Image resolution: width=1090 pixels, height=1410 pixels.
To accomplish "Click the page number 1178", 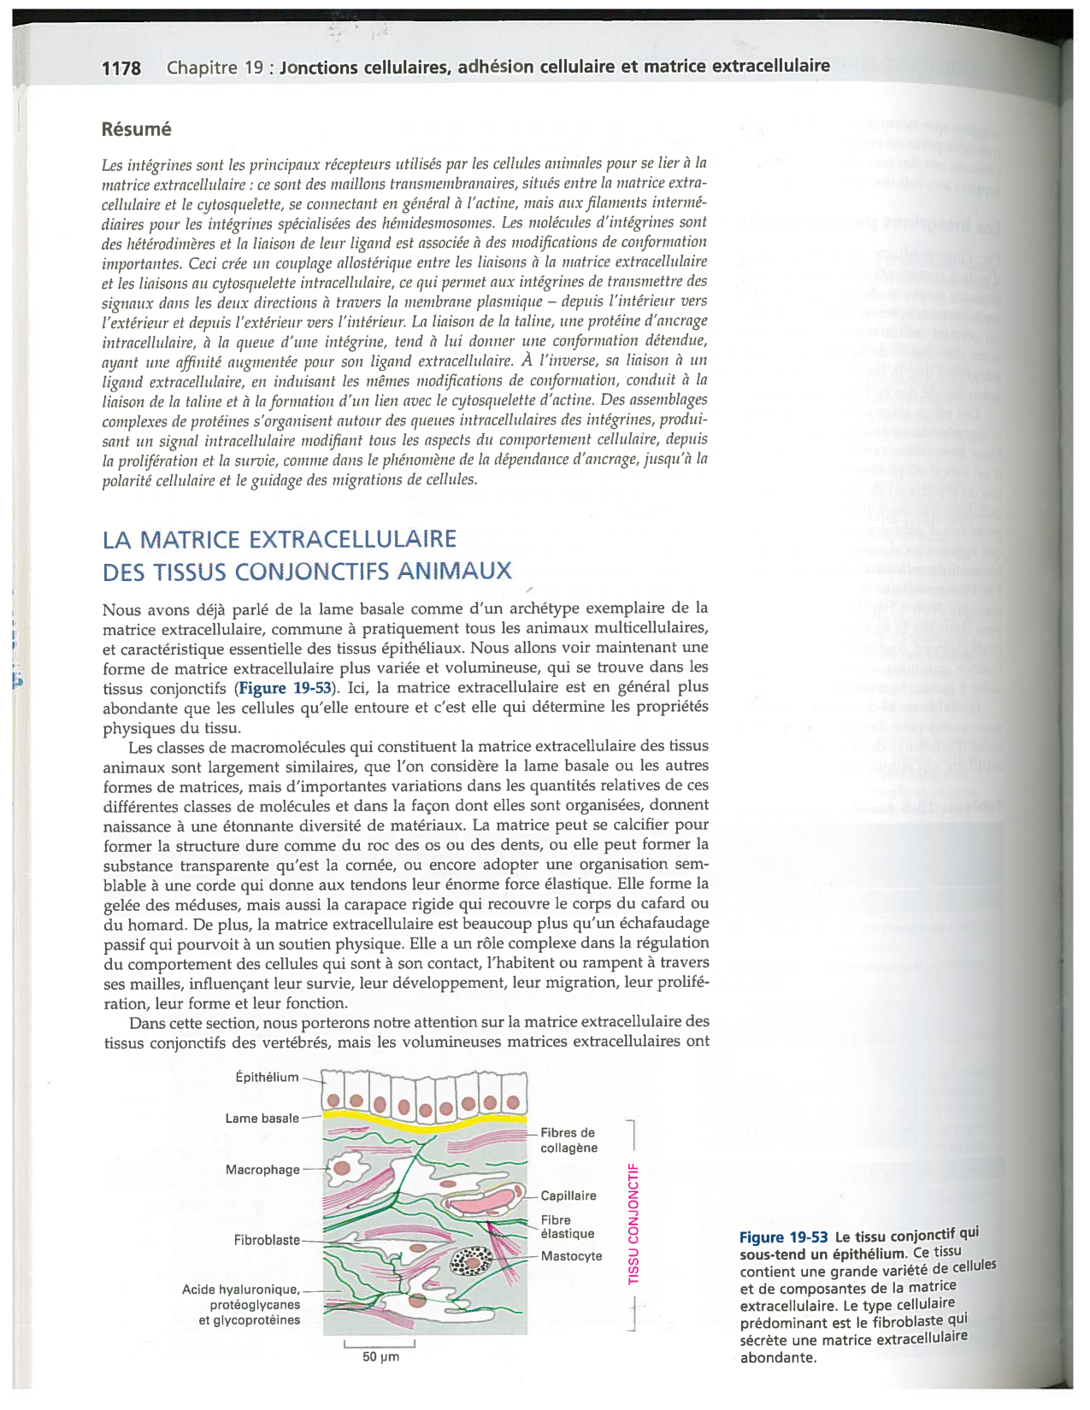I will pos(121,68).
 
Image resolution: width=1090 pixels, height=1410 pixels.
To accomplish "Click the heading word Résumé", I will pos(136,129).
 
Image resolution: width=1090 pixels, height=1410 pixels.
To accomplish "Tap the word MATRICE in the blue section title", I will pos(189,540).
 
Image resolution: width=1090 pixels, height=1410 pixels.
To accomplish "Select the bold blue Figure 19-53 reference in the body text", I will pos(285,688).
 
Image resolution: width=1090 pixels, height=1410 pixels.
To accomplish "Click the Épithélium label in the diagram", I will pos(267,1077).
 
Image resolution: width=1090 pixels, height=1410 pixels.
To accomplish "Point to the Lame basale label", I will pos(262,1118).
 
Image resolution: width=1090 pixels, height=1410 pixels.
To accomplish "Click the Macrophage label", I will pos(262,1169).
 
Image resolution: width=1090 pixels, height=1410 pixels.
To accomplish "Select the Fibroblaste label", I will pos(267,1239).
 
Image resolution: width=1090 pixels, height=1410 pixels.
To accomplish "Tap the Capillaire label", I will pos(569,1196).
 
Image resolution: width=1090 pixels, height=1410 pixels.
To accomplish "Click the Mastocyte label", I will pos(571,1255).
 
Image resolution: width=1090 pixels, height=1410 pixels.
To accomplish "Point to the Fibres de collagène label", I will pos(569,1140).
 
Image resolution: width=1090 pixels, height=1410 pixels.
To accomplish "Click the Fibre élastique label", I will pos(567,1226).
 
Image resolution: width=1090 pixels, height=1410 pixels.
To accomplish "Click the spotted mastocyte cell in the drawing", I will pos(472,1260).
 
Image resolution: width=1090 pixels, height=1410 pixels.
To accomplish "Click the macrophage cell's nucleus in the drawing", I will pos(342,1167).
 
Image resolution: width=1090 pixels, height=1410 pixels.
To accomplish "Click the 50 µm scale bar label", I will pos(380,1357).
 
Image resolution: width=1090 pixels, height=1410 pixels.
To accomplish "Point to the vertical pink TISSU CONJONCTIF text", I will pos(633,1223).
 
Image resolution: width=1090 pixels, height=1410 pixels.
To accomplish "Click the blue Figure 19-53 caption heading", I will pos(783,1237).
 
